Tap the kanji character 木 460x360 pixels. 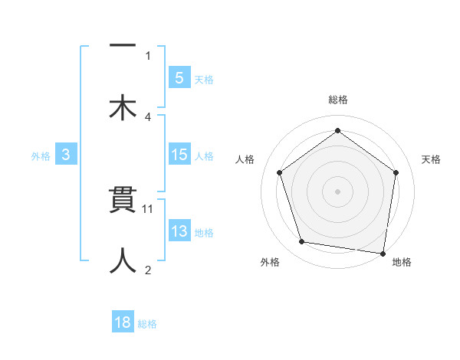pyautogui.click(x=123, y=106)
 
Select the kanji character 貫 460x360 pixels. pyautogui.click(x=123, y=203)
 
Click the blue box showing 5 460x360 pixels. pyautogui.click(x=179, y=77)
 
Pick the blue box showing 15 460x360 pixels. pyautogui.click(x=179, y=155)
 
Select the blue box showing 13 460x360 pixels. pyautogui.click(x=179, y=232)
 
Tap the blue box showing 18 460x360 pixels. pyautogui.click(x=123, y=322)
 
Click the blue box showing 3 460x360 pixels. pyautogui.click(x=66, y=155)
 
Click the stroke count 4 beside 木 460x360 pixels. pyautogui.click(x=148, y=116)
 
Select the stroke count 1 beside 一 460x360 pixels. pyautogui.click(x=148, y=55)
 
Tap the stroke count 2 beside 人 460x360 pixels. pyautogui.click(x=148, y=270)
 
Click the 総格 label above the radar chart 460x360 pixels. pyautogui.click(x=337, y=100)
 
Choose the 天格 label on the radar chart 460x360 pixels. pyautogui.click(x=432, y=159)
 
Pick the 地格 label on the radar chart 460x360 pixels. pyautogui.click(x=402, y=262)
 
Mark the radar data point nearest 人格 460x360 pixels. pyautogui.click(x=280, y=172)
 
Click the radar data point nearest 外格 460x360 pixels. pyautogui.click(x=302, y=242)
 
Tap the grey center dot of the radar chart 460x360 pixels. pyautogui.click(x=337, y=191)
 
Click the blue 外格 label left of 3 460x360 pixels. pyautogui.click(x=41, y=156)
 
